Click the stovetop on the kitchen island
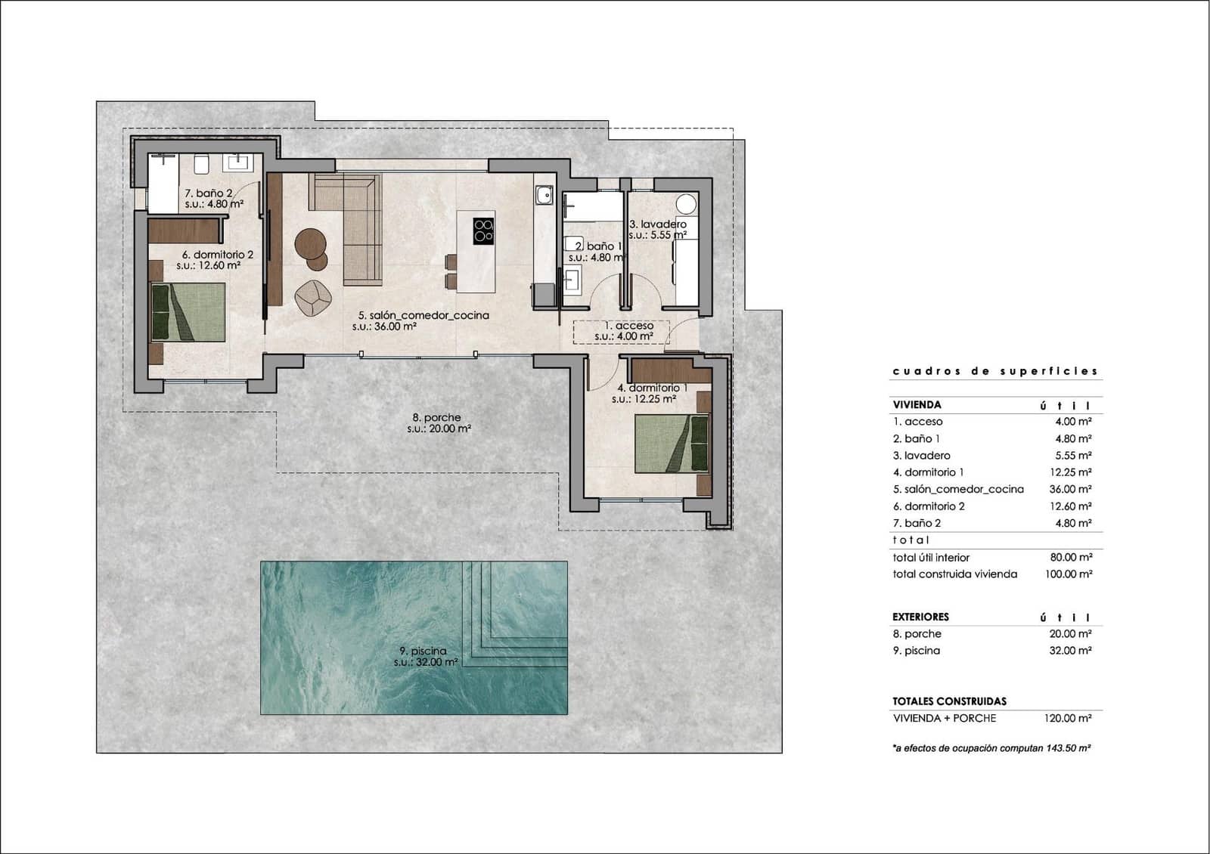coord(484,231)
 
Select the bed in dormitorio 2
coord(188,312)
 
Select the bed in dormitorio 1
coord(672,444)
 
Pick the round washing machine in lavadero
coord(686,204)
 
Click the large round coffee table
coord(310,243)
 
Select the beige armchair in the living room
coord(313,298)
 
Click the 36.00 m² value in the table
coord(1070,489)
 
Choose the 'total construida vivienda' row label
coord(954,574)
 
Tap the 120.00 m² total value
coord(1067,719)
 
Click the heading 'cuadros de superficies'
coord(994,371)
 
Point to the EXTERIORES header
coord(920,617)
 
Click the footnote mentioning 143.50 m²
coord(991,748)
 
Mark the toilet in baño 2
coord(201,164)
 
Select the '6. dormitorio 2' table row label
coord(929,506)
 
